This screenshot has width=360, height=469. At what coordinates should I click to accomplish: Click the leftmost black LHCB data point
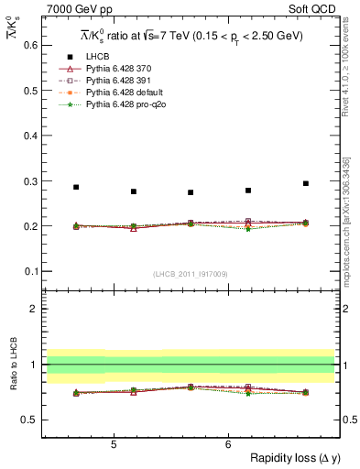[x=76, y=187]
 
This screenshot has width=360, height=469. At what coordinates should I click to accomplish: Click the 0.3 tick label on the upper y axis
[x=31, y=180]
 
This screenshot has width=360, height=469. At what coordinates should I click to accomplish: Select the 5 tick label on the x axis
[x=113, y=444]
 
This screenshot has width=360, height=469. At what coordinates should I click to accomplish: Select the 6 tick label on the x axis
[x=228, y=444]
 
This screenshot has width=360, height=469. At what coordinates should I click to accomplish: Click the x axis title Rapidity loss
[x=291, y=459]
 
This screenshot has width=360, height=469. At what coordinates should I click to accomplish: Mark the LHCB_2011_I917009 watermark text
[x=191, y=274]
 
